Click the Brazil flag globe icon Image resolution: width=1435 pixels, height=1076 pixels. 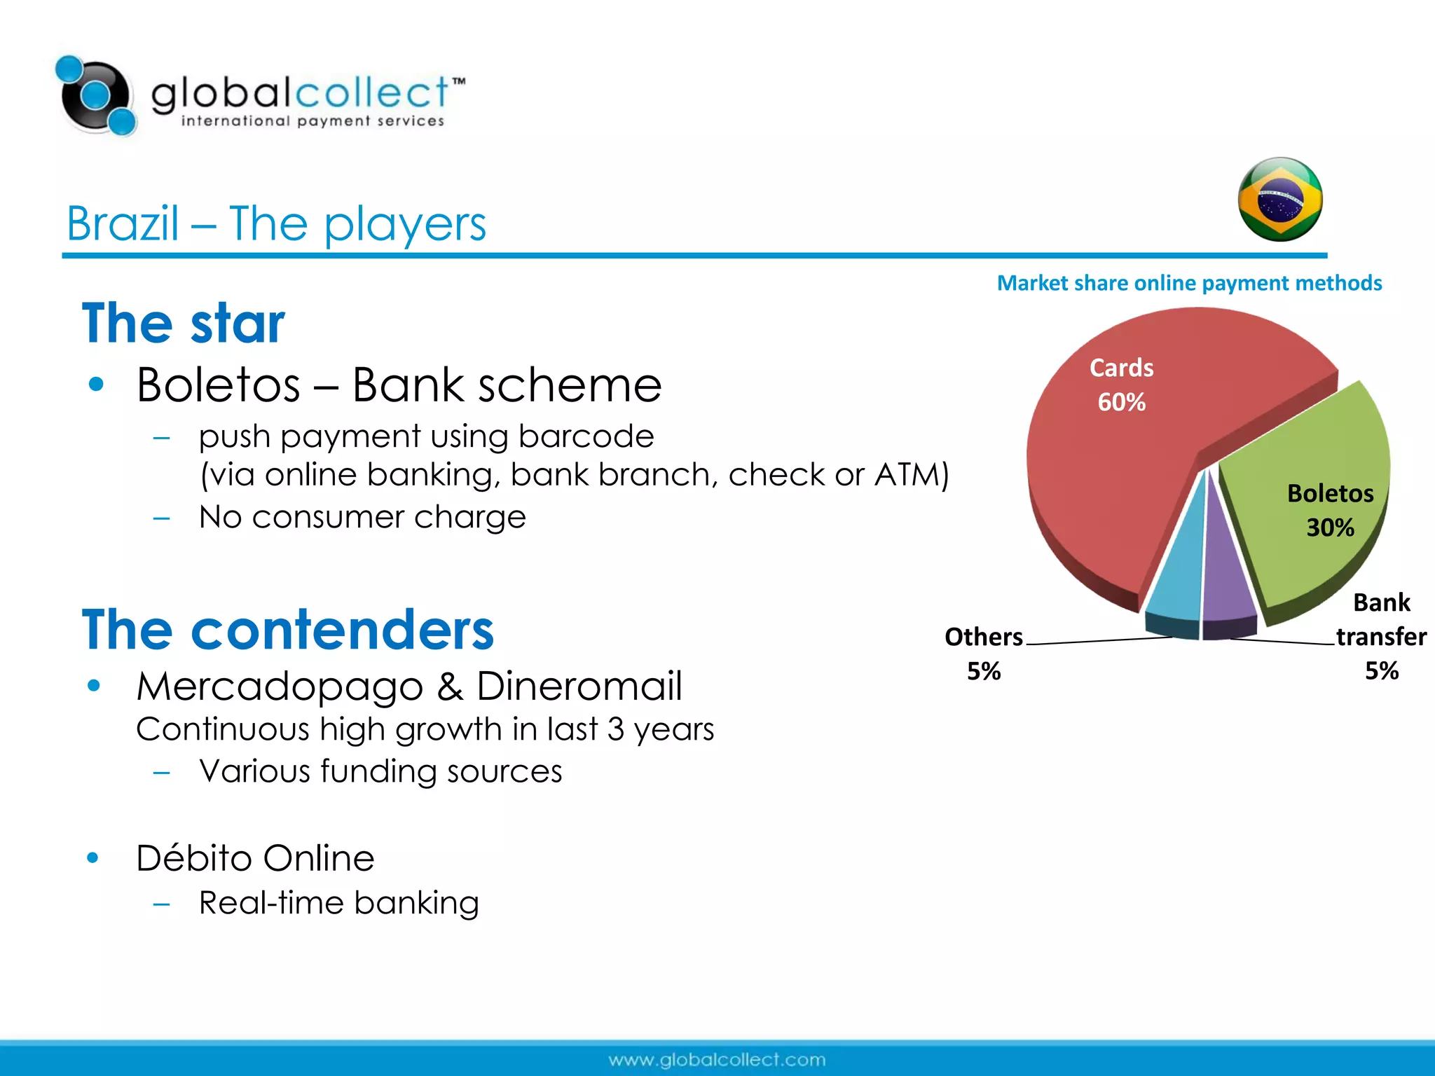1280,200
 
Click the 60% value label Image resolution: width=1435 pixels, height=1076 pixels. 1121,402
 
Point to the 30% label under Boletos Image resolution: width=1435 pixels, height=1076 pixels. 1330,527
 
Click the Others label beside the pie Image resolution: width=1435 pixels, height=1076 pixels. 983,637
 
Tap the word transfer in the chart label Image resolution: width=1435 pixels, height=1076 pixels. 1381,637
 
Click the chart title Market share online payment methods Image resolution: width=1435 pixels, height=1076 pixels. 1189,283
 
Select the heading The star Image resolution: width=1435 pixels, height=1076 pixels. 184,323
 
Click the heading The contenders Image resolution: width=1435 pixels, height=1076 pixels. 288,629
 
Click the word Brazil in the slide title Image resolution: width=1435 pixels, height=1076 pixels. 123,224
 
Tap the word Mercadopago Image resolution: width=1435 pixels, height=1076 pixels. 279,686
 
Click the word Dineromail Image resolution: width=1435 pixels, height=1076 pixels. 579,686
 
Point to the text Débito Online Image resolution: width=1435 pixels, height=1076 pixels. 255,858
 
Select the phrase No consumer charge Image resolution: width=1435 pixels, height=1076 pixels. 362,518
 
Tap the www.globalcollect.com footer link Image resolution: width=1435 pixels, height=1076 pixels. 717,1060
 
